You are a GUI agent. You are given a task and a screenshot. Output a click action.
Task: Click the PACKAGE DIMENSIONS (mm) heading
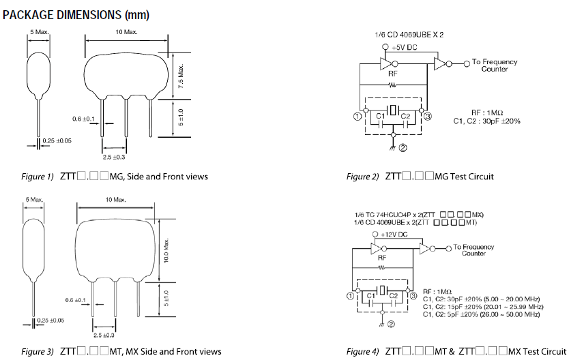tap(76, 14)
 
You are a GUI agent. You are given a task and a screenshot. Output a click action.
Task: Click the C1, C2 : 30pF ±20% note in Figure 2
tap(486, 121)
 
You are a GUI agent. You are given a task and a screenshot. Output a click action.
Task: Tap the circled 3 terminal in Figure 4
tap(412, 295)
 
